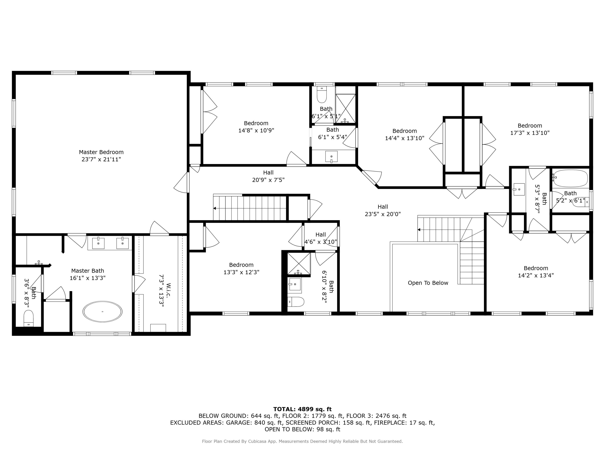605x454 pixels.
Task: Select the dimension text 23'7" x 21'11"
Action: (x=101, y=159)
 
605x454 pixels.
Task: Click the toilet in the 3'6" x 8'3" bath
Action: (x=28, y=318)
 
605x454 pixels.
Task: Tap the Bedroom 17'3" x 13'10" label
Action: (x=530, y=129)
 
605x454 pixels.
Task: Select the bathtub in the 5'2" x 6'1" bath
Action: (x=570, y=178)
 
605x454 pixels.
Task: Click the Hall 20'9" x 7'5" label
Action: (x=268, y=176)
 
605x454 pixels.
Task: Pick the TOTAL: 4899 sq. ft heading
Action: (x=302, y=409)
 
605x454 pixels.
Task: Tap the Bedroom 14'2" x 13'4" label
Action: (x=536, y=272)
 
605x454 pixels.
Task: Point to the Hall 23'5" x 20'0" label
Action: (x=383, y=210)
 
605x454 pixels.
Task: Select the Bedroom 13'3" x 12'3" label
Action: (x=241, y=268)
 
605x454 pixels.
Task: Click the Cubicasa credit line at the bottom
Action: (x=302, y=441)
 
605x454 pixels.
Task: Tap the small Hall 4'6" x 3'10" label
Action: (x=321, y=238)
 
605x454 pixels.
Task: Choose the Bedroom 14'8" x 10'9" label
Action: (x=256, y=127)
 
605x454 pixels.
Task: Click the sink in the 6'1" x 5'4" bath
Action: (x=331, y=157)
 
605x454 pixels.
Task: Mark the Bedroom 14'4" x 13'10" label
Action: (x=405, y=134)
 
